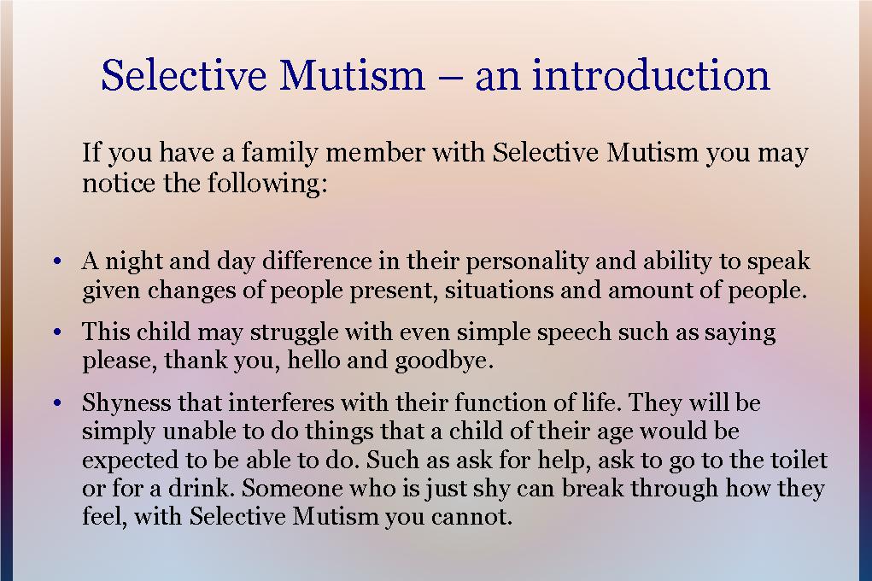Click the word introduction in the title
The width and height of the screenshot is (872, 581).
point(652,75)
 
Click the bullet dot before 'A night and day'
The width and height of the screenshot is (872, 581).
point(56,261)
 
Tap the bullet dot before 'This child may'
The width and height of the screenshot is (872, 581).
point(56,332)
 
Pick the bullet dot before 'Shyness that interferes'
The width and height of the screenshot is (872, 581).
point(56,402)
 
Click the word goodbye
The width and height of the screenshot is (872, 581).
point(443,361)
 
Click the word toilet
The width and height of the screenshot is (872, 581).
point(798,460)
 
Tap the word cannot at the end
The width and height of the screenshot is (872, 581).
point(480,517)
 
